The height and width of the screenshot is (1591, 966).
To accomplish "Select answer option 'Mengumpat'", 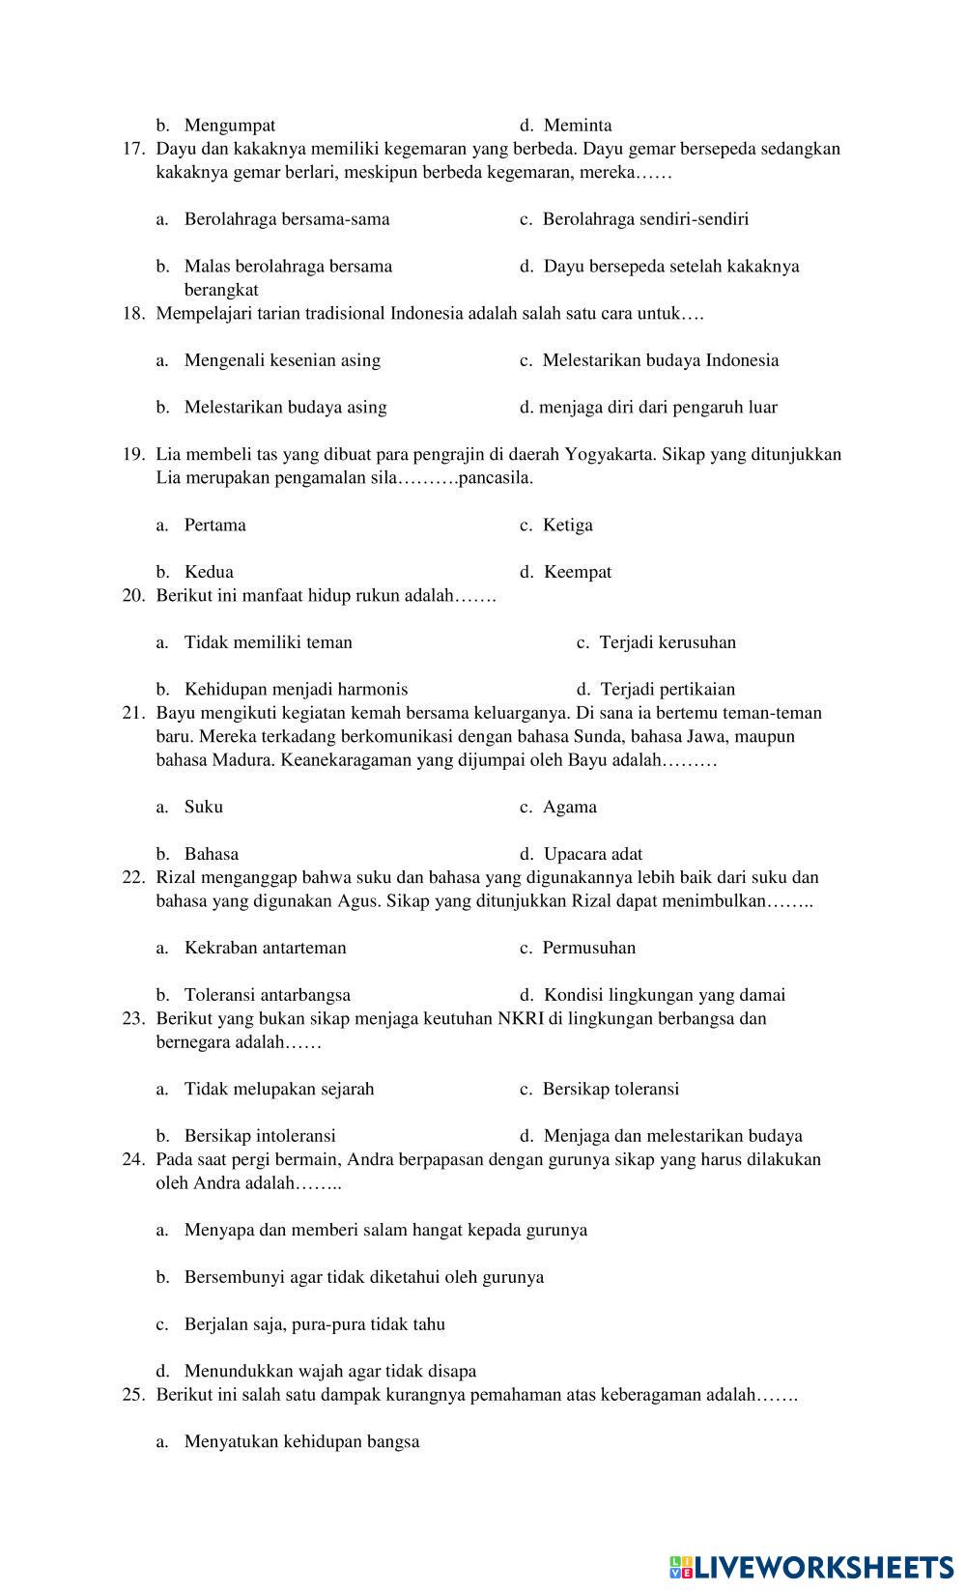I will click(229, 126).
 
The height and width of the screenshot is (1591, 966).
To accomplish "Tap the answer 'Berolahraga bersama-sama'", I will click(287, 219).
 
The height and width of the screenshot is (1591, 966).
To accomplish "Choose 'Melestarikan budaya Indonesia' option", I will click(660, 360).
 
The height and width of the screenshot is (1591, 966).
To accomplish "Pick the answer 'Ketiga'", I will click(567, 526).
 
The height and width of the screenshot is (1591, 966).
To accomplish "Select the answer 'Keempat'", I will click(577, 572).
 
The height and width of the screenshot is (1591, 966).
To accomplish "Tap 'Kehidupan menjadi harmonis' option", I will click(296, 690).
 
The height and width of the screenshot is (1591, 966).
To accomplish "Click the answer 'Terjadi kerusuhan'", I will click(668, 642).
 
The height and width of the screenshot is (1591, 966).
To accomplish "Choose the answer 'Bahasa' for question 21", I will click(211, 854).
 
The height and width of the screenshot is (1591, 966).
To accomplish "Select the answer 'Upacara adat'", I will click(592, 854).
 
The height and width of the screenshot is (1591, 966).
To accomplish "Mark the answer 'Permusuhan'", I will click(588, 948).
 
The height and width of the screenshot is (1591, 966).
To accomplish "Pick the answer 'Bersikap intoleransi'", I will click(260, 1136).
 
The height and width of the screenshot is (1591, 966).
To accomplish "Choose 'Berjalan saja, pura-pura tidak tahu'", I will click(314, 1324).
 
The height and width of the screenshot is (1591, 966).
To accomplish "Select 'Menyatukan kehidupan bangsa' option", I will click(301, 1442).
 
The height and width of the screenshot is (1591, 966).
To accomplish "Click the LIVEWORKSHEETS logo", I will click(810, 1567).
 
